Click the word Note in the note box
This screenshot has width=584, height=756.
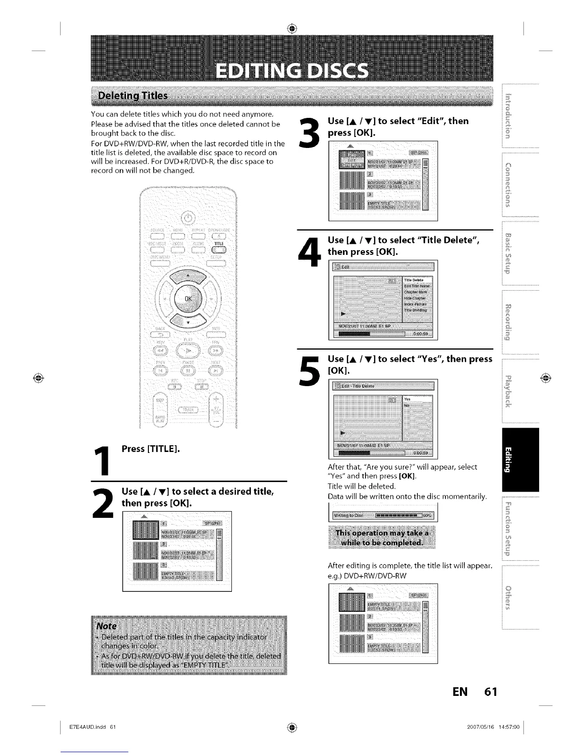(106, 626)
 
